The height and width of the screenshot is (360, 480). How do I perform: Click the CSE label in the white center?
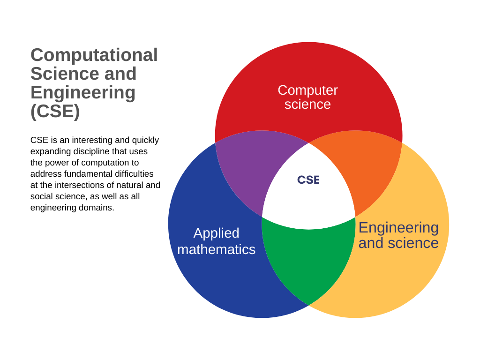(308, 180)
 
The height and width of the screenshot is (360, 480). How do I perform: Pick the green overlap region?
(308, 262)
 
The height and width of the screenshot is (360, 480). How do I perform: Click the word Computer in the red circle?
(307, 90)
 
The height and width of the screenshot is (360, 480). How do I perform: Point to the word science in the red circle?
(307, 104)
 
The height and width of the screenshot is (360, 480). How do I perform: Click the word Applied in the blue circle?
(216, 233)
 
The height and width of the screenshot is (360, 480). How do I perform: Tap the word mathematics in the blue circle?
(216, 249)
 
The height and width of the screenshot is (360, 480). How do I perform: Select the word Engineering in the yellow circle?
(398, 227)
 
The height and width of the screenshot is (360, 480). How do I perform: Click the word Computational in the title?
(94, 55)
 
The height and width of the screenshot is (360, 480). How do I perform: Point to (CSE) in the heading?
(55, 111)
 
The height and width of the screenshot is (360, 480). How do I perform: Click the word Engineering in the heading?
(83, 92)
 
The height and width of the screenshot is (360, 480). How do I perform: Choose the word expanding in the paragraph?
(48, 151)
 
